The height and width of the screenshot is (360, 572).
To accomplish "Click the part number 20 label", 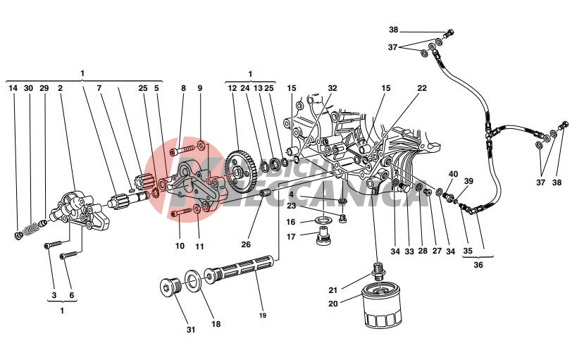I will coord(333,304).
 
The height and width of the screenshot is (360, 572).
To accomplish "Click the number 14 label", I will coord(13,89).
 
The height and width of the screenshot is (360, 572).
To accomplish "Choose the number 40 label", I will coord(453,174).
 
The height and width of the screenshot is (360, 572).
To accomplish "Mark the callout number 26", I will coord(246,245).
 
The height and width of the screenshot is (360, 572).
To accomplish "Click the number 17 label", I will coord(292,237).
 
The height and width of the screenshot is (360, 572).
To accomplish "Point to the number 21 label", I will coord(333,290).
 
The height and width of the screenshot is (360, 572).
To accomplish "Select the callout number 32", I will coord(332,89).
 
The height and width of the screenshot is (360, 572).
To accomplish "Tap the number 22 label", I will coord(421,89).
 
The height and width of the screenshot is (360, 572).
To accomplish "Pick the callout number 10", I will coord(180,246).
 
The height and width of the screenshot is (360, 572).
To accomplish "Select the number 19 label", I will coord(263,316).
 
